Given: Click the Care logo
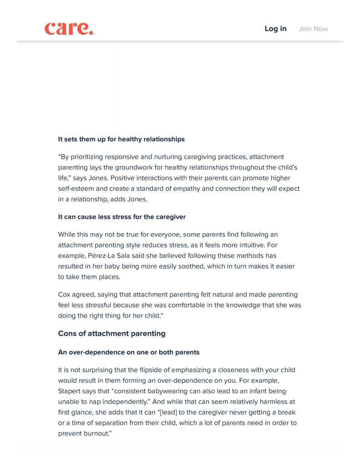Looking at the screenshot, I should [69, 29].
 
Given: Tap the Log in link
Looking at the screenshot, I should [275, 29].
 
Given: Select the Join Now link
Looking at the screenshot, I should [313, 29].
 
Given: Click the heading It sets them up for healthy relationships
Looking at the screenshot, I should [121, 139].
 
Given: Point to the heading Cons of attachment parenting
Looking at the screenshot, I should [112, 333].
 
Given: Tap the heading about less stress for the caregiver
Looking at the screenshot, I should [122, 217].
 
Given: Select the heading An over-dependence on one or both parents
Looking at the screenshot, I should [128, 352].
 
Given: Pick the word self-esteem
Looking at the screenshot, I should [75, 188].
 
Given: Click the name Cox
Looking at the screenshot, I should [65, 294].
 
